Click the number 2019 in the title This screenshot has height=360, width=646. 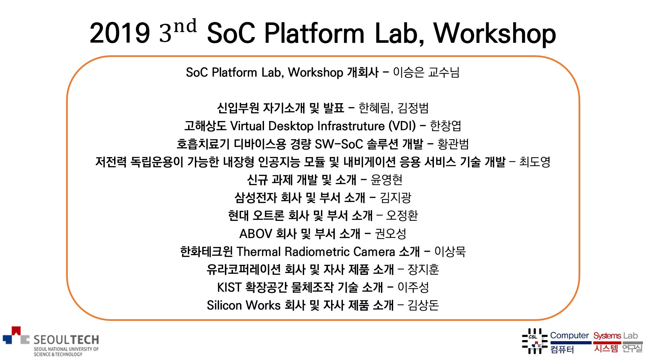120,33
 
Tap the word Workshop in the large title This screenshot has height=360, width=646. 495,34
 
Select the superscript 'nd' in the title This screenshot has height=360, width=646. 185,26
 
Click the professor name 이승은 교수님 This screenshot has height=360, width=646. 426,72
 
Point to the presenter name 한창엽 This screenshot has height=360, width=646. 445,126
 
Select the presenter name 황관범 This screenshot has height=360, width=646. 453,144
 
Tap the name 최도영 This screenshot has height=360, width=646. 535,162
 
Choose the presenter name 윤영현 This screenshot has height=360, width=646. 386,180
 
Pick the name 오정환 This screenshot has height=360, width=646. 402,215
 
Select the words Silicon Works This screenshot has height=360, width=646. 243,305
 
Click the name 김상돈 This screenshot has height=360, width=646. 423,305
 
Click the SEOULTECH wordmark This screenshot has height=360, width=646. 66,339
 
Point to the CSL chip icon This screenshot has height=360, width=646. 534,341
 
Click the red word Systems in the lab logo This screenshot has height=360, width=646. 607,336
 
